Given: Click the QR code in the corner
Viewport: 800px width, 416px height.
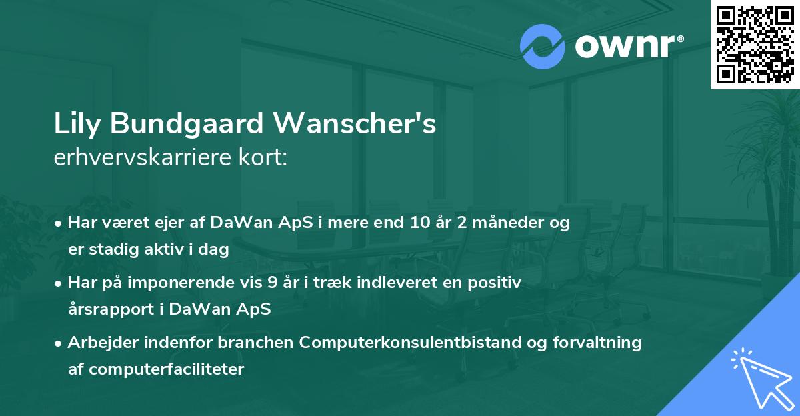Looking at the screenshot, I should (x=755, y=44).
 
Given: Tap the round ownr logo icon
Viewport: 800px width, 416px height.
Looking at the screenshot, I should (x=543, y=47).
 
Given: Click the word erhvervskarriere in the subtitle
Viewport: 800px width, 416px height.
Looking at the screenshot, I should (x=137, y=158).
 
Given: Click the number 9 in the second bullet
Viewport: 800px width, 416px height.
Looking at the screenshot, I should (x=271, y=283).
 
